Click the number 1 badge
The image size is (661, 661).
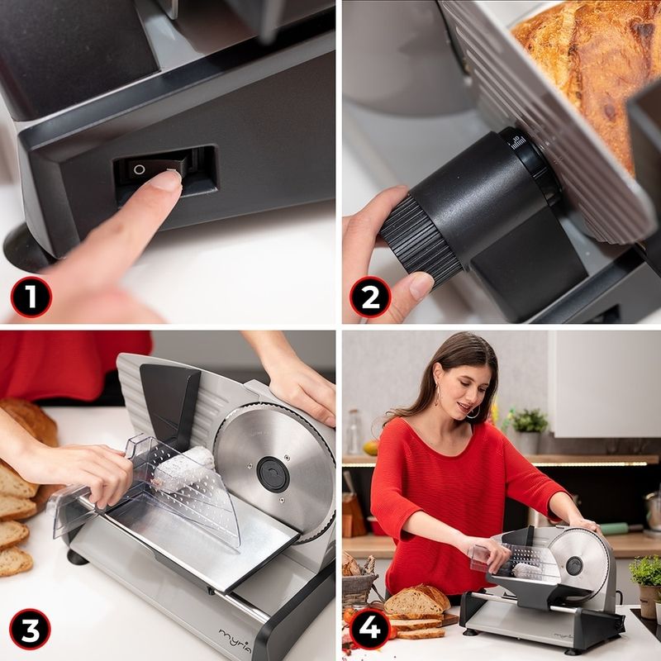(31, 297)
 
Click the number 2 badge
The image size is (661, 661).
(370, 297)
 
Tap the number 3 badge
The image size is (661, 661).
(30, 629)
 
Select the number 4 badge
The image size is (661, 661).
(369, 629)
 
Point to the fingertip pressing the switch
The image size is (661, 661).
(166, 181)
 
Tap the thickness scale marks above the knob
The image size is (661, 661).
(518, 143)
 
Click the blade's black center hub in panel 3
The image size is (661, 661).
(273, 473)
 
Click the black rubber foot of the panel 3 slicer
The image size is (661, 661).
(77, 557)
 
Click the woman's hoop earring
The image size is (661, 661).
(472, 411)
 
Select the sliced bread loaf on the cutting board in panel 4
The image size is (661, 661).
(416, 601)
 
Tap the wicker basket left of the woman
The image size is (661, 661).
(359, 582)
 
